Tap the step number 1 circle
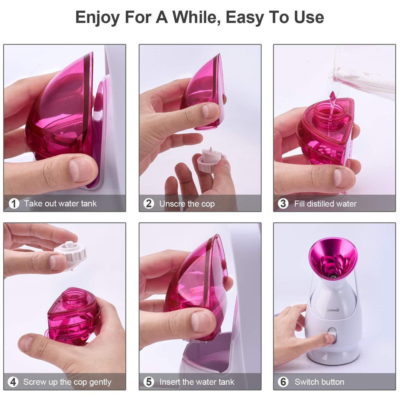click(14, 204)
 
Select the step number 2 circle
click(149, 204)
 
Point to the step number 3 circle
click(283, 204)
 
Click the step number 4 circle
click(13, 382)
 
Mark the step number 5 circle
click(149, 382)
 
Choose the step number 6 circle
click(283, 382)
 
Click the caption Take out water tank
click(60, 204)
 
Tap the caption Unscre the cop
click(187, 204)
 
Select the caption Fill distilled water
click(325, 204)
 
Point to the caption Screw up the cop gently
click(67, 382)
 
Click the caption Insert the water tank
click(197, 382)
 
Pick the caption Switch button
click(319, 382)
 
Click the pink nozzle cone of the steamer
click(333, 257)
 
